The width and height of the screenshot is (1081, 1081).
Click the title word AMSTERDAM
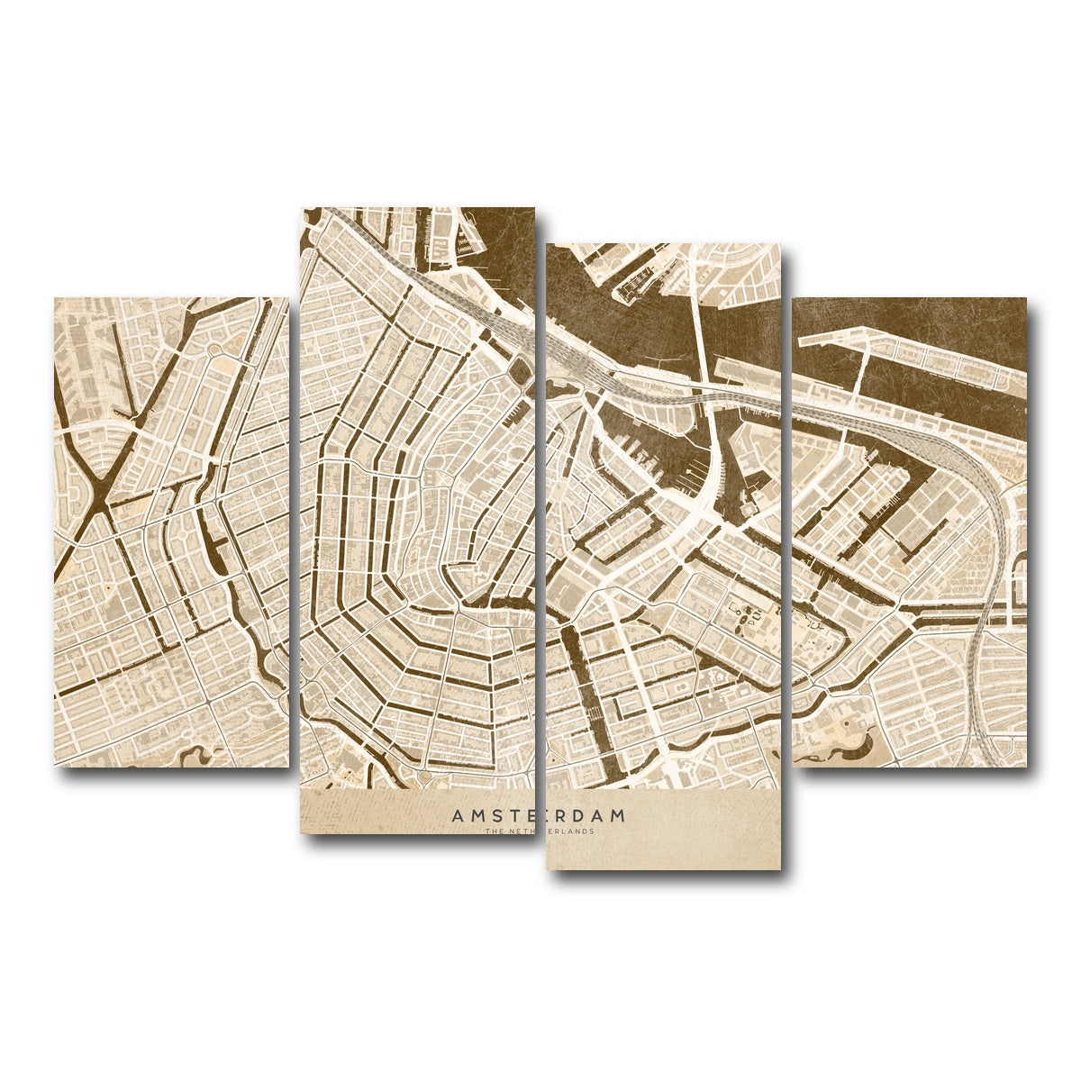click(539, 815)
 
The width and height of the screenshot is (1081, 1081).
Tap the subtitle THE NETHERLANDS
click(539, 831)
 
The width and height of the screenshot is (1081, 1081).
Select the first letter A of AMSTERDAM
click(458, 815)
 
